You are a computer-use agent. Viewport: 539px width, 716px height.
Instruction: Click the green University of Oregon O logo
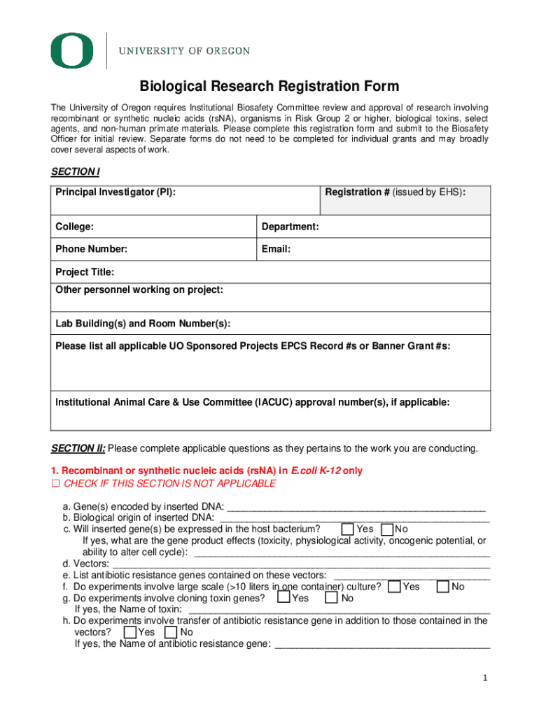coord(71,50)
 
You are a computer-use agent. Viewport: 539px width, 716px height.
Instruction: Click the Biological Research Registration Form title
coord(269,87)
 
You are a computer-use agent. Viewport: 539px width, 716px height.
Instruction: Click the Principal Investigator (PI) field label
coord(115,192)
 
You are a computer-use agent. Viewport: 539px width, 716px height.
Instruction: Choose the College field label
coord(75,227)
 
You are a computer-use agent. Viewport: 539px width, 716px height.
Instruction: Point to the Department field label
coord(290,227)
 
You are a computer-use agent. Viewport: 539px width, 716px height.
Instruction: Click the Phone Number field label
coord(91,249)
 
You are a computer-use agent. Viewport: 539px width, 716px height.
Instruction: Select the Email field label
coord(276,249)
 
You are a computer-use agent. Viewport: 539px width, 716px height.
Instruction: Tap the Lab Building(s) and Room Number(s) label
coord(142,324)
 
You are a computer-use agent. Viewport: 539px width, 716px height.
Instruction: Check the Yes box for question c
coord(348,529)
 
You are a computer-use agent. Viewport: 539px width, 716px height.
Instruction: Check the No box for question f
coord(442,587)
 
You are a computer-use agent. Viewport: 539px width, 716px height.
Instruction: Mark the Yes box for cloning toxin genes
coord(283,598)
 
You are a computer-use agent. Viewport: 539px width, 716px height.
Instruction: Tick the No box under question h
coord(171,632)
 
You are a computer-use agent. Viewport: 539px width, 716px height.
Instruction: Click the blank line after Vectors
coord(301,564)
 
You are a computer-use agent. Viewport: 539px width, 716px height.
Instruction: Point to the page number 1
coord(484,678)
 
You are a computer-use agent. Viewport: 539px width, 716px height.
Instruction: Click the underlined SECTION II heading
coord(78,448)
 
